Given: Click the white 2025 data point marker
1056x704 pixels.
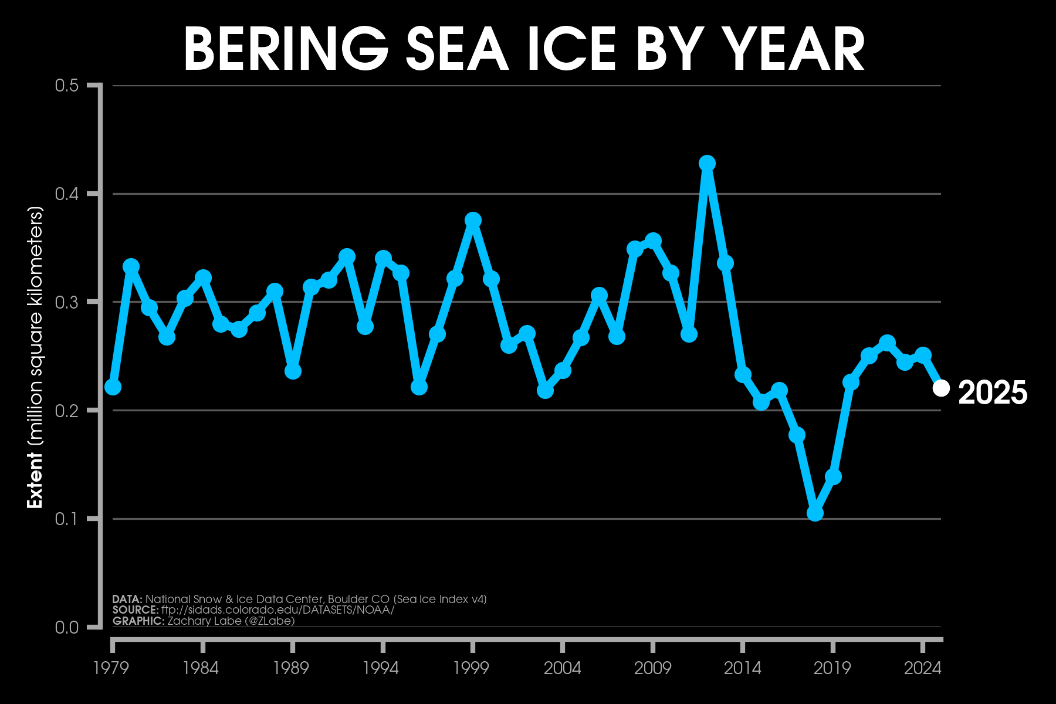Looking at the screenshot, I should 941,388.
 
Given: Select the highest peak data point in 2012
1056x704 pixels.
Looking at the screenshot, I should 707,163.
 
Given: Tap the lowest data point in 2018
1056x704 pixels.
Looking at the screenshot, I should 815,513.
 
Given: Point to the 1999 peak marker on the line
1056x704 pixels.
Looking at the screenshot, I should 473,220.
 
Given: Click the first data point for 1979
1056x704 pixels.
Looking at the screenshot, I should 113,387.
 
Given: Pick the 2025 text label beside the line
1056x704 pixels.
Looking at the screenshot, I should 993,392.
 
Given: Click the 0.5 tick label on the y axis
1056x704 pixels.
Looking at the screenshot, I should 66,86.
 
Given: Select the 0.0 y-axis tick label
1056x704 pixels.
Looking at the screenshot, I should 66,627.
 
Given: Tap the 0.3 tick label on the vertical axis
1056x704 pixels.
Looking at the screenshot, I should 66,302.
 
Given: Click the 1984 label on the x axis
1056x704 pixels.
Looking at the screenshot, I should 201,668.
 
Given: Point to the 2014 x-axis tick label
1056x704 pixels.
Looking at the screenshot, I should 742,668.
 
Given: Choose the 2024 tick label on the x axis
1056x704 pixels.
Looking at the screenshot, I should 922,668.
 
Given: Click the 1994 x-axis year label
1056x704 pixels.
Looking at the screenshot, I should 381,668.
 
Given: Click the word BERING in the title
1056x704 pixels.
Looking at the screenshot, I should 286,50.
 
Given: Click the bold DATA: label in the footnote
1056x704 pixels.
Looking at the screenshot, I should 127,599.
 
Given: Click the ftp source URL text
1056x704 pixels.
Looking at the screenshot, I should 277,610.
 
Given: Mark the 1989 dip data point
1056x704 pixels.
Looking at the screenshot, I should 293,371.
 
